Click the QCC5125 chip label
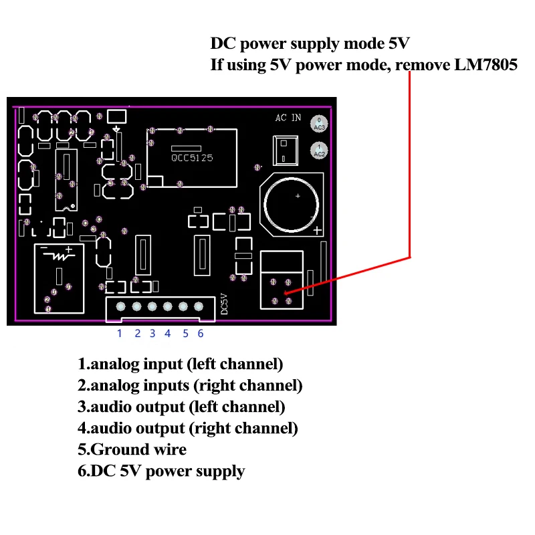pyautogui.click(x=192, y=158)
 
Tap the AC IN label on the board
pyautogui.click(x=288, y=118)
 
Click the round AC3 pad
pyautogui.click(x=320, y=124)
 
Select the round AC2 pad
pyautogui.click(x=320, y=151)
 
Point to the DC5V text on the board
pyautogui.click(x=225, y=304)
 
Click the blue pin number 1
pyautogui.click(x=120, y=333)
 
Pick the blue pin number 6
pyautogui.click(x=200, y=333)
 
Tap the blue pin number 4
pyautogui.click(x=167, y=333)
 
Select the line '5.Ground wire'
pyautogui.click(x=132, y=449)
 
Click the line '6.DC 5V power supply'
pyautogui.click(x=161, y=471)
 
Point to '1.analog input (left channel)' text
pyautogui.click(x=180, y=364)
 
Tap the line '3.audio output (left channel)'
pyautogui.click(x=181, y=407)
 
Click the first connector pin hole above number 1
pyautogui.click(x=120, y=307)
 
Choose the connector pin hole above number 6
pyautogui.click(x=199, y=307)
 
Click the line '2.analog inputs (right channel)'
pyautogui.click(x=190, y=386)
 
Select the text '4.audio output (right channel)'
pyautogui.click(x=187, y=428)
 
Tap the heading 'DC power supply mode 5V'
pyautogui.click(x=310, y=44)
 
